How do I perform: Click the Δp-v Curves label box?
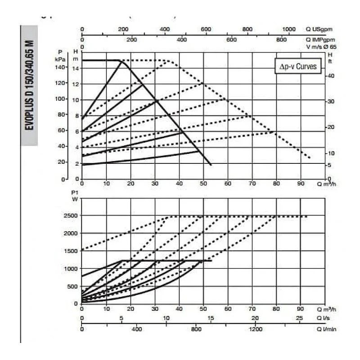[x=298, y=67]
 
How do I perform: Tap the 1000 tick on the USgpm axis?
[x=289, y=29]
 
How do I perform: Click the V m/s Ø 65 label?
[x=320, y=46]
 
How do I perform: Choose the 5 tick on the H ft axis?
[x=330, y=165]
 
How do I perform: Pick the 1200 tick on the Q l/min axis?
[x=255, y=329]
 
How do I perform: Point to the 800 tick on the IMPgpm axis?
[x=281, y=40]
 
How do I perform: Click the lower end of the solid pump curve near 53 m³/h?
[x=211, y=165]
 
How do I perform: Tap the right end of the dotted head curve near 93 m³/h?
[x=310, y=158]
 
